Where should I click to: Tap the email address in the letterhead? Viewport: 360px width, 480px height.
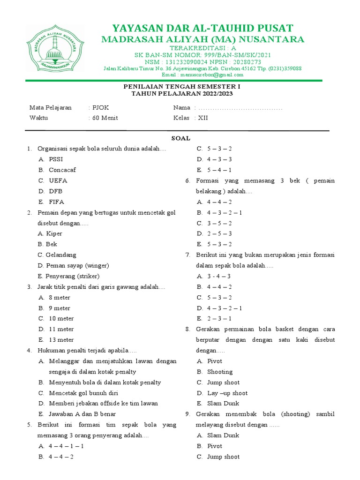[x=202, y=75]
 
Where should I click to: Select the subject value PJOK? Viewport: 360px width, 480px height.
[x=100, y=107]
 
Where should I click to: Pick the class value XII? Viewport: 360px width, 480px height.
[x=202, y=118]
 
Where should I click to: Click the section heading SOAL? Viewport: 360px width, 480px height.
[x=180, y=138]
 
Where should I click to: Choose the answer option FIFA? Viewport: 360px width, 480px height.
[x=56, y=202]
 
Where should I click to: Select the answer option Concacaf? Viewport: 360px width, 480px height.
[x=62, y=170]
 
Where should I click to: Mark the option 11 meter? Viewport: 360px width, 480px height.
[x=61, y=329]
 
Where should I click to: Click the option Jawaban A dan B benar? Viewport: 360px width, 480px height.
[x=82, y=414]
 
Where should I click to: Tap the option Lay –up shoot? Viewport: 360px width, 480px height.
[x=227, y=393]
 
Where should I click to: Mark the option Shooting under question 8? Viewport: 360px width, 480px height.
[x=220, y=372]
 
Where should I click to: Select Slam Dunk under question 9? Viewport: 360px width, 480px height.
[x=223, y=435]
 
